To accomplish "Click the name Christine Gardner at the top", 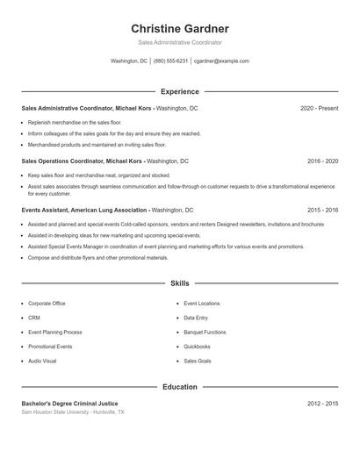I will [180, 28].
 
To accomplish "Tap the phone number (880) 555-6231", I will [170, 61].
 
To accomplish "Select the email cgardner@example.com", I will [221, 61].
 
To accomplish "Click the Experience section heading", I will [180, 91].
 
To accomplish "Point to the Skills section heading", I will [180, 284].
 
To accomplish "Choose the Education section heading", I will [180, 387].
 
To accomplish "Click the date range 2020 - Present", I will [319, 108].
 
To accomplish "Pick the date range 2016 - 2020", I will [322, 161].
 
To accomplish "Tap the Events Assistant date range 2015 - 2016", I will [322, 211].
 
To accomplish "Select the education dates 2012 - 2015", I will [322, 403].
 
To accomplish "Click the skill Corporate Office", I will [47, 304].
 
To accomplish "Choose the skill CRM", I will [34, 318].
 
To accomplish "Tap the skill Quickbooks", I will [197, 347].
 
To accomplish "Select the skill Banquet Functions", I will [205, 333].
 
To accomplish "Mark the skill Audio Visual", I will [42, 361].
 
